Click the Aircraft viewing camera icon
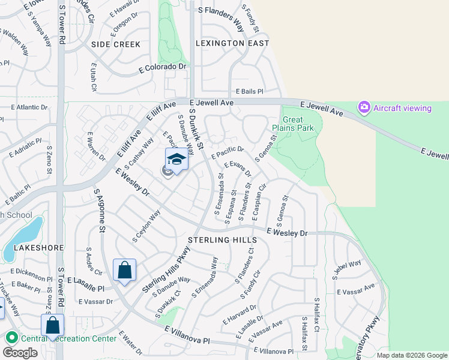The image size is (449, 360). point(364,108)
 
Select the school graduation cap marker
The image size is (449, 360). point(176,160)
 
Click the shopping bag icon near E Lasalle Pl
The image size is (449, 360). point(124,271)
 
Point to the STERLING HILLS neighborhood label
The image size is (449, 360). point(223,240)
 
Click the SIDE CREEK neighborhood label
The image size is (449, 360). point(116,44)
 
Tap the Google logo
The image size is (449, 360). point(20,353)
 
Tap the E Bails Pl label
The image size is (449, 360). point(249,91)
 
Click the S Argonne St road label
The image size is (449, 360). point(100,210)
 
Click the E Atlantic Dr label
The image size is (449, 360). point(29,107)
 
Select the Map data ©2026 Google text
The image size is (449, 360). point(412,355)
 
